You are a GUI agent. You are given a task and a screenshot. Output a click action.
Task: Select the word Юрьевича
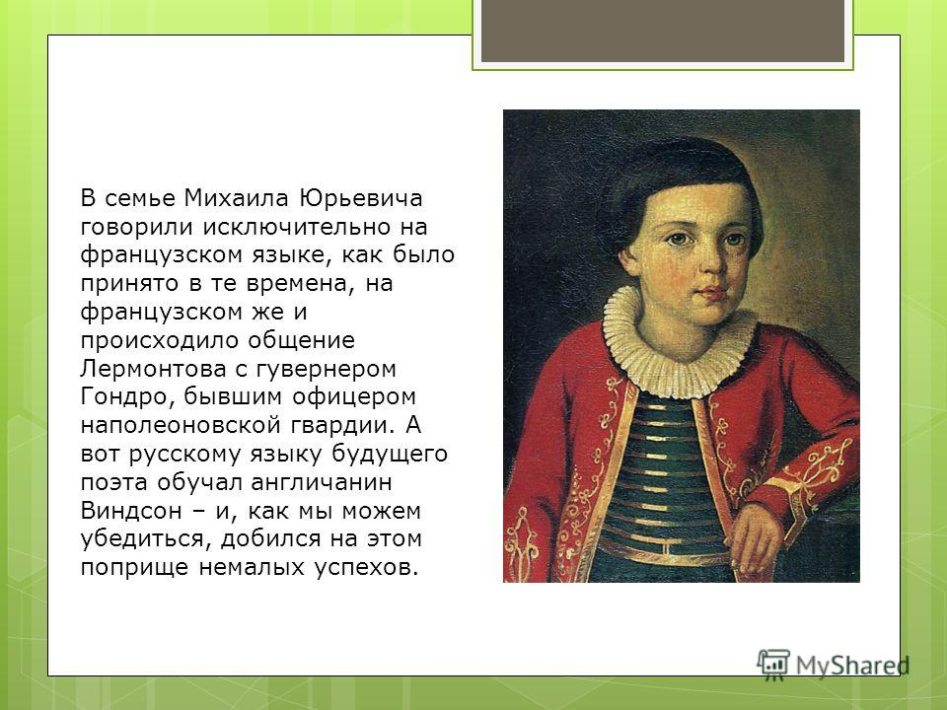pos(361,198)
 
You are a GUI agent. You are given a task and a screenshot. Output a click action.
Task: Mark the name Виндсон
pos(131,511)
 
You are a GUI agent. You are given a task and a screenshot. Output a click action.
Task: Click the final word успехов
pos(366,568)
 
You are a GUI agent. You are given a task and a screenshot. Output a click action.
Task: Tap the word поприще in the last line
pos(134,568)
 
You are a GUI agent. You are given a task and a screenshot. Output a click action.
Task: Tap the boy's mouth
pos(712,293)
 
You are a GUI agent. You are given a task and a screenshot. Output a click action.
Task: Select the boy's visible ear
pos(628,260)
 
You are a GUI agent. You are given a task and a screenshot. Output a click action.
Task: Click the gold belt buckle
pos(664,550)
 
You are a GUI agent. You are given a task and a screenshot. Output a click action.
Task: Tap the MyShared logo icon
pos(773,663)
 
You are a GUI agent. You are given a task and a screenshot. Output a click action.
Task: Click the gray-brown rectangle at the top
pos(663,31)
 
